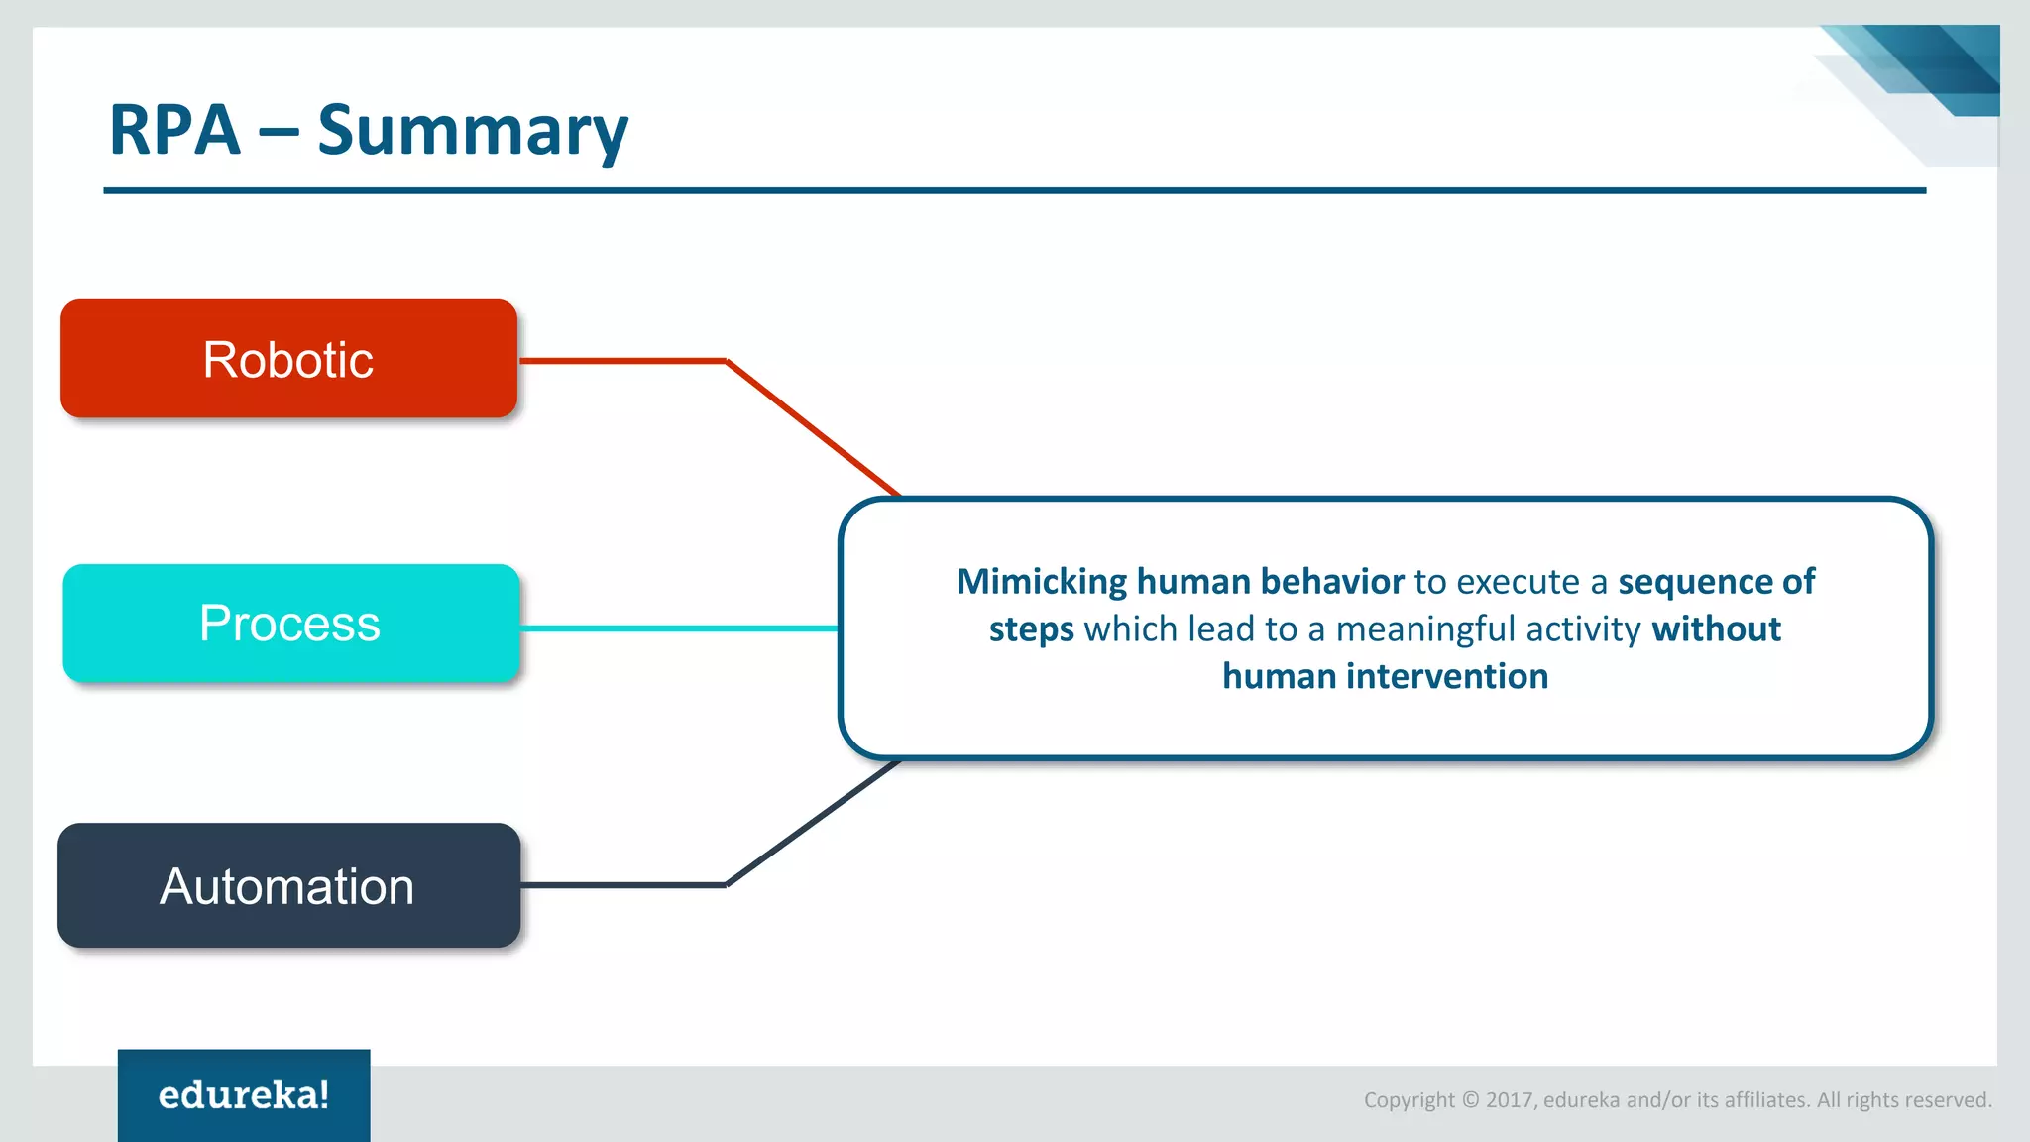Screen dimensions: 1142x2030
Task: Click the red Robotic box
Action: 288,359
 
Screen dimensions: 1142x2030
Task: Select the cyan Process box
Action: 290,624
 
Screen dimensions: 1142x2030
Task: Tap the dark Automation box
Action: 288,885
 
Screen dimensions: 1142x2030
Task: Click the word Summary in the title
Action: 473,131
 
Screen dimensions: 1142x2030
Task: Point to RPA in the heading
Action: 174,131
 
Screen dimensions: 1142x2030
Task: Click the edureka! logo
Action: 244,1094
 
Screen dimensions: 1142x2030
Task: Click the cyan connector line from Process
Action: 679,628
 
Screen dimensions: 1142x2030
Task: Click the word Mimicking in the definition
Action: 1041,582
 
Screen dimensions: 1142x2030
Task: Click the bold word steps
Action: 1031,629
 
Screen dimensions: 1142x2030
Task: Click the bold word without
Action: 1716,629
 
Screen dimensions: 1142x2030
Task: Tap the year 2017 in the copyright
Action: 1510,1100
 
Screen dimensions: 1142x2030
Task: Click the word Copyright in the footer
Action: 1409,1100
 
